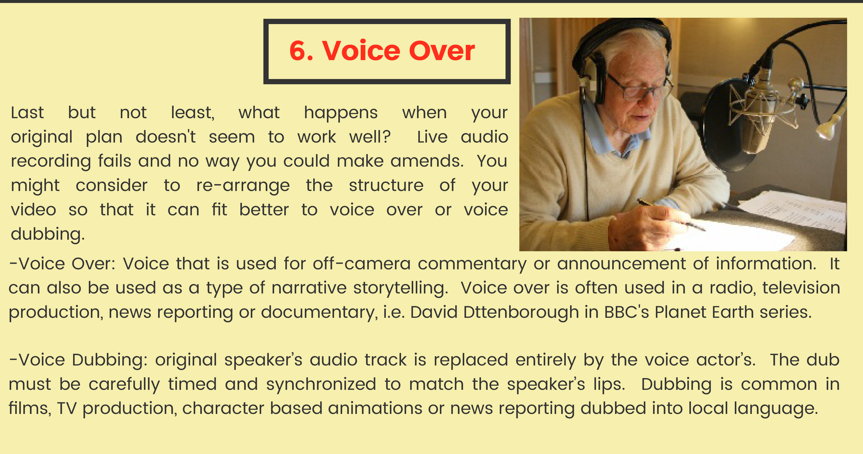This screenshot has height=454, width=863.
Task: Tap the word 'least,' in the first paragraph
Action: tap(193, 113)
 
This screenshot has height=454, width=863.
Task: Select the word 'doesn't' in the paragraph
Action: tap(165, 137)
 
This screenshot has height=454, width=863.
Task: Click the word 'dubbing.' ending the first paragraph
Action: tap(47, 234)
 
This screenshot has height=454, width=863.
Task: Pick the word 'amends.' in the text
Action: tap(427, 161)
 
